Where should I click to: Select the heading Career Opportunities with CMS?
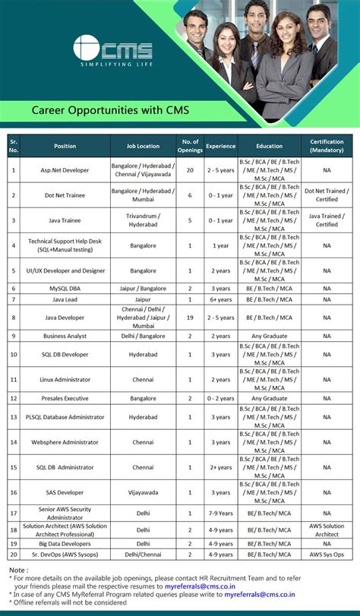(110, 111)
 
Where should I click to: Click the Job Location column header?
(144, 146)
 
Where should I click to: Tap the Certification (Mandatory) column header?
(327, 146)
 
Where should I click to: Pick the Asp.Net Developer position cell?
(65, 170)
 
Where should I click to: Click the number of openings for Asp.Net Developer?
(190, 170)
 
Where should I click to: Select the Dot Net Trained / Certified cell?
(327, 195)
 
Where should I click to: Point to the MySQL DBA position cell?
(65, 289)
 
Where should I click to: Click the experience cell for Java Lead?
(220, 299)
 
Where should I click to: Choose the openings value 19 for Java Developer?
(190, 317)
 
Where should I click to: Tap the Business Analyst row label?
(65, 336)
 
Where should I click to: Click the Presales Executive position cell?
(65, 398)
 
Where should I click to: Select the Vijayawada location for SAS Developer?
(144, 492)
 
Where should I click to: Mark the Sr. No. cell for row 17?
(14, 514)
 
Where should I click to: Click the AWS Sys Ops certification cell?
(327, 555)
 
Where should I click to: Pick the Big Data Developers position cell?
(65, 544)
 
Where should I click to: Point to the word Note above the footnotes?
(18, 569)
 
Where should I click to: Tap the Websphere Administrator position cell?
(65, 441)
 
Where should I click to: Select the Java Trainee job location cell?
(144, 220)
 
